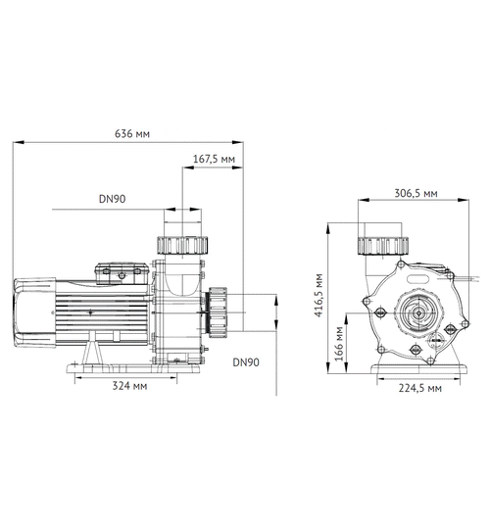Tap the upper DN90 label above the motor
[x=113, y=199]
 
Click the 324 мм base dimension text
[x=129, y=387]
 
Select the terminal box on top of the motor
[x=118, y=267]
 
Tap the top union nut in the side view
[x=180, y=244]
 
